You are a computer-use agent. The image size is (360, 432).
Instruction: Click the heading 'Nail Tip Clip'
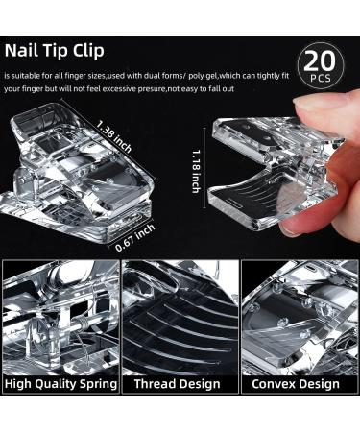point(55,51)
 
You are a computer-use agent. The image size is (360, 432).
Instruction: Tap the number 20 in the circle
point(320,61)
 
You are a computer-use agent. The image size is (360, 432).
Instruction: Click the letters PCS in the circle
point(320,78)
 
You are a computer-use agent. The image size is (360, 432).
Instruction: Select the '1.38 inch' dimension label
point(114,136)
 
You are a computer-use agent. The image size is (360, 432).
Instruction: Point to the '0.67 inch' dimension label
point(135,237)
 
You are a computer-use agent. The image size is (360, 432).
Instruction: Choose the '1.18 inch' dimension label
point(196,171)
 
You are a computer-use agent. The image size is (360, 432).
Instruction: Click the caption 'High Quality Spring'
point(60,383)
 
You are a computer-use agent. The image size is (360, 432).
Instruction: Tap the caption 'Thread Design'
point(177,383)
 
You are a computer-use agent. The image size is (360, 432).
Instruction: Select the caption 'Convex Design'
point(295,383)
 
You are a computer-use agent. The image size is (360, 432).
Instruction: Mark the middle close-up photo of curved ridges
point(180,317)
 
